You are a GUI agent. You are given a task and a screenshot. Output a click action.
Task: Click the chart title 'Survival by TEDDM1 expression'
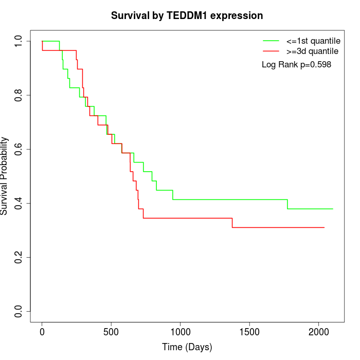[x=187, y=16]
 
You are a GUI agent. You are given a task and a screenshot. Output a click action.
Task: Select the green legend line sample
[x=271, y=40]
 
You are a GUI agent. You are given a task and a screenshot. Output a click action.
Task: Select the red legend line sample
[x=271, y=51]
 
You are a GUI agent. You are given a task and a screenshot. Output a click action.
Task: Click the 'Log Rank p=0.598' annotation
[x=296, y=65]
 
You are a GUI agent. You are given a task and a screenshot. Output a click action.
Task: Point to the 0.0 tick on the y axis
[x=19, y=311]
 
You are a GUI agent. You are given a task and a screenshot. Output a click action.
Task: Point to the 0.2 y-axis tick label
[x=19, y=257]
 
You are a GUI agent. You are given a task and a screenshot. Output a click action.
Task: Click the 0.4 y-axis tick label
[x=19, y=203]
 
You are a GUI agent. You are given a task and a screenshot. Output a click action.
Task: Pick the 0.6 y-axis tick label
[x=19, y=149]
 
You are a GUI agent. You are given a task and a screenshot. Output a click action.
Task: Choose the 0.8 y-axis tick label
[x=19, y=95]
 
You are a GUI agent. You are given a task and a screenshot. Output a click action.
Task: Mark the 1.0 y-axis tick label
[x=19, y=41]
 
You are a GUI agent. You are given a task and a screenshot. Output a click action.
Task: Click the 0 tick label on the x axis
[x=42, y=331]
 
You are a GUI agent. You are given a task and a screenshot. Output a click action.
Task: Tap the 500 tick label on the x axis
[x=111, y=331]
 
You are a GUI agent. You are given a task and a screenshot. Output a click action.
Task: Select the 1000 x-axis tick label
[x=180, y=331]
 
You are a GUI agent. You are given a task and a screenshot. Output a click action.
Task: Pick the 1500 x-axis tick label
[x=249, y=331]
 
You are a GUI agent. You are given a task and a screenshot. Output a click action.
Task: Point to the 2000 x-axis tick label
[x=318, y=331]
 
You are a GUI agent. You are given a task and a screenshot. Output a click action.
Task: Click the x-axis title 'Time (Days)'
[x=187, y=347]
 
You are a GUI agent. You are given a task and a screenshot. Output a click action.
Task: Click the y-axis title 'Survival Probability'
[x=5, y=176]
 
